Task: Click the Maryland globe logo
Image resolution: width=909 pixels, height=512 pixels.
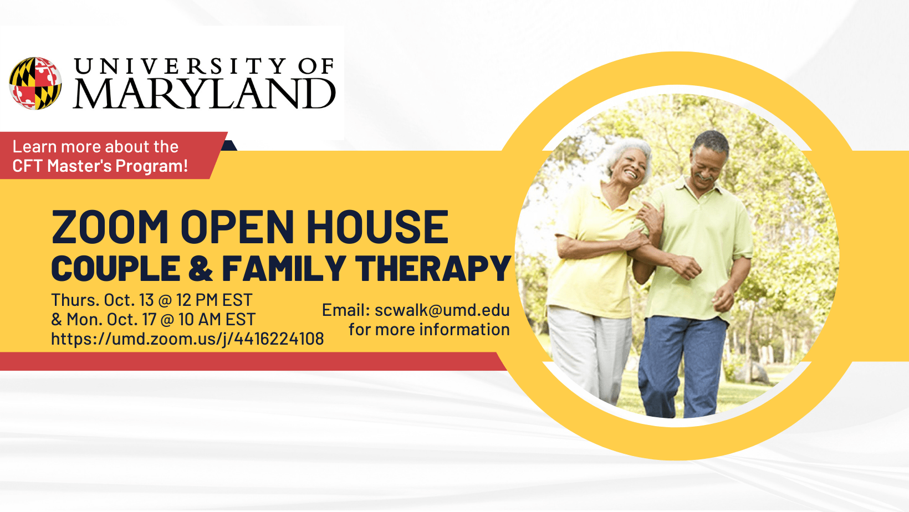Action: (x=35, y=83)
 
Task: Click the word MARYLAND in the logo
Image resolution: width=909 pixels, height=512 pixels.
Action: (x=204, y=94)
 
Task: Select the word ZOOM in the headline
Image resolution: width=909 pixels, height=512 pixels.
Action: (x=110, y=227)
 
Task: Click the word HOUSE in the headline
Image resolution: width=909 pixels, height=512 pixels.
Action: (x=377, y=227)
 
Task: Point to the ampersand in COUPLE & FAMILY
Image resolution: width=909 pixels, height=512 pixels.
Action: (x=201, y=269)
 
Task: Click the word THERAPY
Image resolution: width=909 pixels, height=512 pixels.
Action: (x=433, y=269)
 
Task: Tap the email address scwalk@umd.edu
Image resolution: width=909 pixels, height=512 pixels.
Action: (x=442, y=310)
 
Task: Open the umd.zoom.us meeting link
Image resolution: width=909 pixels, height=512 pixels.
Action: (x=187, y=339)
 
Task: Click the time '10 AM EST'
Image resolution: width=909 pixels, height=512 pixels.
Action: (x=217, y=319)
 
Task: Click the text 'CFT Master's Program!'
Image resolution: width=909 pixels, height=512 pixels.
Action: (x=100, y=166)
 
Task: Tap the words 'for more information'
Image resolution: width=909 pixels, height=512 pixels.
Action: (x=428, y=330)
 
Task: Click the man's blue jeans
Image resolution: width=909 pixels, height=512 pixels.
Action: (x=682, y=360)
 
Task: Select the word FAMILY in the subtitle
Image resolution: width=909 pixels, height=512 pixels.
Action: (x=284, y=269)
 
